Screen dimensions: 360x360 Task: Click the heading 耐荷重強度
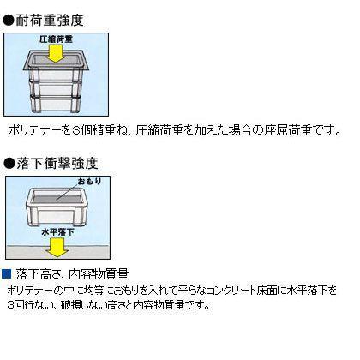tap(50, 21)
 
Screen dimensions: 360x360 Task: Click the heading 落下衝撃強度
tap(57, 163)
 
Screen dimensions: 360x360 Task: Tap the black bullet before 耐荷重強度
tap(9, 21)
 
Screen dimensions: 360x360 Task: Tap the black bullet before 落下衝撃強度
tap(9, 164)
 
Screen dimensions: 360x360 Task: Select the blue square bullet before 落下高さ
tap(6, 273)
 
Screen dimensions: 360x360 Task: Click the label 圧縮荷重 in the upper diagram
tap(56, 39)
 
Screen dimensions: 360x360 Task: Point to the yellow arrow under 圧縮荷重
tap(56, 53)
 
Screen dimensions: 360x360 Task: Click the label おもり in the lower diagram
tap(90, 181)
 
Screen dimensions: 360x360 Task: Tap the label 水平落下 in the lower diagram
tap(58, 231)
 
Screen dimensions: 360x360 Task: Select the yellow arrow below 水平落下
tap(57, 247)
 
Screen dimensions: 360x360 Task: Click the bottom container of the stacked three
tap(56, 105)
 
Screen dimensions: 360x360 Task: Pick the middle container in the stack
tap(56, 89)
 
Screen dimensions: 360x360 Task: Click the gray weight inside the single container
tap(57, 197)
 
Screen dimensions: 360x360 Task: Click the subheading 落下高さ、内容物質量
tap(73, 274)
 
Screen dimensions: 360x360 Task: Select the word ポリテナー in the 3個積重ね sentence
tap(35, 130)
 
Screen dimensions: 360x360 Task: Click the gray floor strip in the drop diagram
tap(57, 252)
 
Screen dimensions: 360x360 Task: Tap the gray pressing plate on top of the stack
tap(56, 60)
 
